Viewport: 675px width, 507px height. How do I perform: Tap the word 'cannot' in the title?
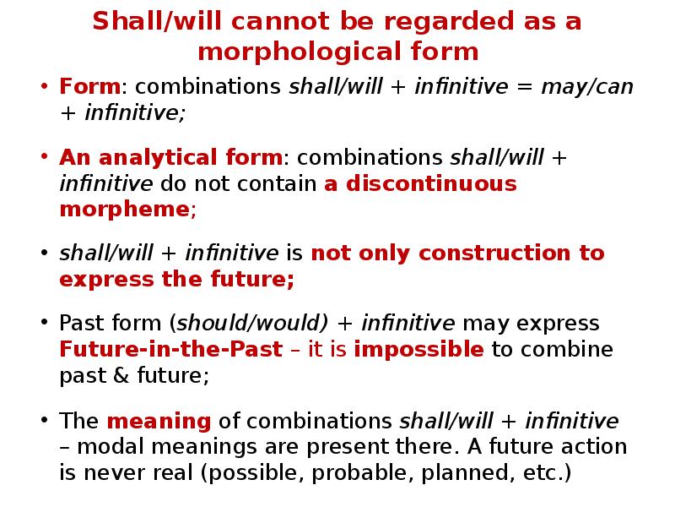pos(256,21)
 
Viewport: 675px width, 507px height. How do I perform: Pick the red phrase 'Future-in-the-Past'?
pos(170,350)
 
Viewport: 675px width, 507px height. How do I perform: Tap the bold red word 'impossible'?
pos(418,350)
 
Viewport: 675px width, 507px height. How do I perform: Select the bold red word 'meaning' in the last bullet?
pos(159,421)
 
